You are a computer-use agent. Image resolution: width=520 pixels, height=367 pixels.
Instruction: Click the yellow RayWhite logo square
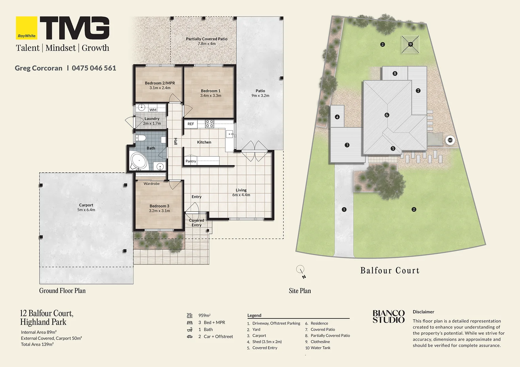26,28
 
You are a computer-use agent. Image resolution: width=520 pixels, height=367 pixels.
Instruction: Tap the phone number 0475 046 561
94,68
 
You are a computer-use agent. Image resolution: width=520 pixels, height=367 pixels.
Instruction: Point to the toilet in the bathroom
141,138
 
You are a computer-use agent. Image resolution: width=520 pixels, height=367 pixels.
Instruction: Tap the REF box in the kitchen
191,124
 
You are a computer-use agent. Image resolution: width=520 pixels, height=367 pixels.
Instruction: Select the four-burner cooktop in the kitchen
209,124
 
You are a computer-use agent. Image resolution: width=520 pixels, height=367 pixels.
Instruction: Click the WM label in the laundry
153,110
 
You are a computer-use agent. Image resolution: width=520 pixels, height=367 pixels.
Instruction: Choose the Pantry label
191,161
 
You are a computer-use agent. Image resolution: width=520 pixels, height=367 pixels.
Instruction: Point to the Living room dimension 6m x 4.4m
241,195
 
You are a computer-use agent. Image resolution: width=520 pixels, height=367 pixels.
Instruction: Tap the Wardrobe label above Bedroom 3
152,183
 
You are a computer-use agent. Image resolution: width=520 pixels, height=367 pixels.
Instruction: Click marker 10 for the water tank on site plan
450,140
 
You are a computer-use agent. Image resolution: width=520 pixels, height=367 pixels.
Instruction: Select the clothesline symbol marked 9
410,44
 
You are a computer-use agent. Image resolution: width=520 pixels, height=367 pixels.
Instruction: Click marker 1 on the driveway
344,209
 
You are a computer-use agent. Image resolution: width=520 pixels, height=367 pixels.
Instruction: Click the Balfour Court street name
390,270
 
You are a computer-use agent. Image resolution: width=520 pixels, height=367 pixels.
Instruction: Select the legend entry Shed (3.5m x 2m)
267,342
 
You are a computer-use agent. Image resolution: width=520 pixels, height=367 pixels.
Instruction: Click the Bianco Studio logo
389,316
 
